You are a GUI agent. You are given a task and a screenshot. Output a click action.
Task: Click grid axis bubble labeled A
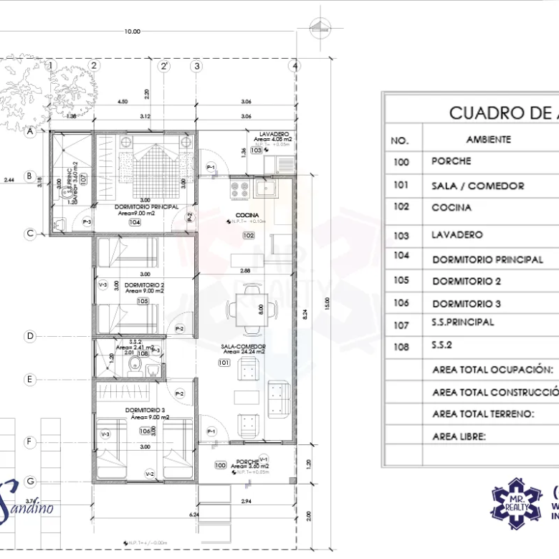(x=30, y=132)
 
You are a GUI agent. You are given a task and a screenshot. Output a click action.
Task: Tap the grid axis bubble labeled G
(x=30, y=480)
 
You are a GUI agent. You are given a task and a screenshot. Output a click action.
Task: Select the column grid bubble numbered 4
(x=295, y=66)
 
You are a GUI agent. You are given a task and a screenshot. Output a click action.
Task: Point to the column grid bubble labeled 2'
(x=165, y=66)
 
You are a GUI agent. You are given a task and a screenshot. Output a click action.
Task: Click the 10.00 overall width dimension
(x=132, y=32)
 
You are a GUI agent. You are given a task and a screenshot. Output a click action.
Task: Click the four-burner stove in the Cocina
(x=239, y=190)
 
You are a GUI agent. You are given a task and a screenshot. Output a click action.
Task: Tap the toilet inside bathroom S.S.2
(x=133, y=366)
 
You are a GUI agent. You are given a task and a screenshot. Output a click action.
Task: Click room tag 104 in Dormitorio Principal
(x=135, y=223)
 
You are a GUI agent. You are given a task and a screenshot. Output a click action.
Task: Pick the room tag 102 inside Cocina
(x=248, y=235)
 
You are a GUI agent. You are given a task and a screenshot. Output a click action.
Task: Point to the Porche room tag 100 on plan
(x=221, y=465)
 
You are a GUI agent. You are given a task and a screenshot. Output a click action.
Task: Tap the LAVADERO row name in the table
(x=457, y=235)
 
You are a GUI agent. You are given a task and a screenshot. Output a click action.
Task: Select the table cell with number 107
(x=401, y=325)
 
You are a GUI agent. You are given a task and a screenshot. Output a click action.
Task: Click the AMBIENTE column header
(x=488, y=140)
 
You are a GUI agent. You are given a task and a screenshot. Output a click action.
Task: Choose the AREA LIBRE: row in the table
(x=459, y=436)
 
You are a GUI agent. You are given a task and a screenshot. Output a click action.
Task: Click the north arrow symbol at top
(x=318, y=29)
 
